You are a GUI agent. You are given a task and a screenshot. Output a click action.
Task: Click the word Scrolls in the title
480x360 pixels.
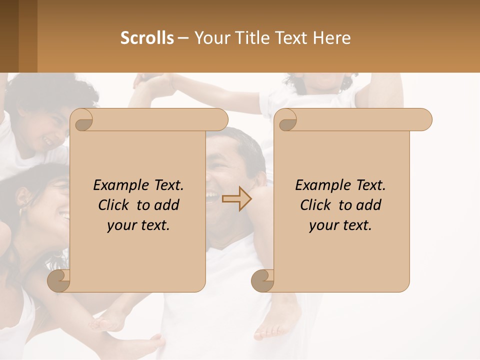147,38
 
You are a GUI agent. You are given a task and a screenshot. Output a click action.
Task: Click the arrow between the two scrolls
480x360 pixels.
237,199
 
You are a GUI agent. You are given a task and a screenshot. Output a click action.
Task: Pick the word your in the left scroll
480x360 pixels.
120,225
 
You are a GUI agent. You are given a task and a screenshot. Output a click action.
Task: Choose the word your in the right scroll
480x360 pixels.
322,225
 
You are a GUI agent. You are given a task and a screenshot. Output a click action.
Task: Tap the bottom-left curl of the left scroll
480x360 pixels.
59,281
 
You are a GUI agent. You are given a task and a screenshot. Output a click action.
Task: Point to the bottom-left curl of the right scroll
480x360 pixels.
262,281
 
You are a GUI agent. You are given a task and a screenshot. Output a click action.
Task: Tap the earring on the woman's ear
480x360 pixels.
21,212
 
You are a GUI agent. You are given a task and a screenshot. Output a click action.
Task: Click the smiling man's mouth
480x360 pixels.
212,195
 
